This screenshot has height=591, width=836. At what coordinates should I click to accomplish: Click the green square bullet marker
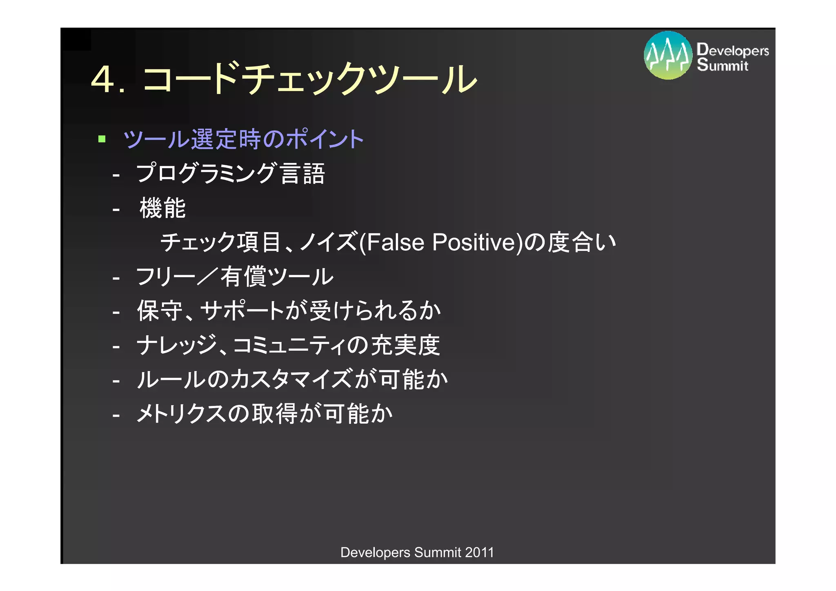coord(102,139)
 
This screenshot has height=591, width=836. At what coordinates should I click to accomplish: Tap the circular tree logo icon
coord(668,56)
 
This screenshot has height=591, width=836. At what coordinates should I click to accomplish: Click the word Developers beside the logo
coord(733,50)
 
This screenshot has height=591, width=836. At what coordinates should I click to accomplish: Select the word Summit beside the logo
coord(723,65)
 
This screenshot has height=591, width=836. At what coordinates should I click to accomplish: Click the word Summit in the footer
coord(437,553)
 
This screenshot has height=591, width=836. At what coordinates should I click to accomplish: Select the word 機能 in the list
coord(162,208)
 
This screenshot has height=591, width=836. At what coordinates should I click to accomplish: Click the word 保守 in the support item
coord(160,311)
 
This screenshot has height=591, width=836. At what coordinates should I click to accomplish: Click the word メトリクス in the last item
coord(181,414)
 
